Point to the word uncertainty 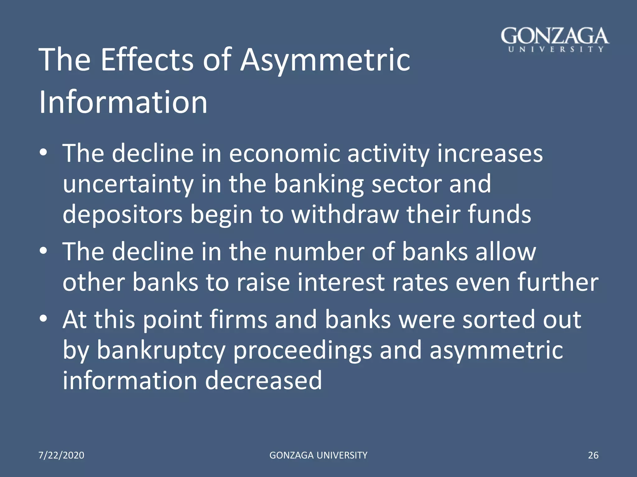(x=128, y=184)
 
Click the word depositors (x=123, y=215)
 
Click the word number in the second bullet (x=319, y=252)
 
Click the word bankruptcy (x=161, y=350)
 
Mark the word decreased (x=263, y=381)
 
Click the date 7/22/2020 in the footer (x=61, y=455)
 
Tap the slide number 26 (x=593, y=455)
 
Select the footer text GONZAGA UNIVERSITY (x=318, y=455)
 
